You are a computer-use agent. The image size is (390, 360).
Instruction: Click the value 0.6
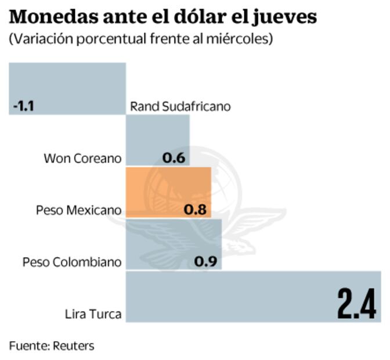coord(174,158)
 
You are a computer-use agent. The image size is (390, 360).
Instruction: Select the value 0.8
coord(195,210)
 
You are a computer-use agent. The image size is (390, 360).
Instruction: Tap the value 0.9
coord(205,261)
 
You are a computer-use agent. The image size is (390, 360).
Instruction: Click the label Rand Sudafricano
coord(180,107)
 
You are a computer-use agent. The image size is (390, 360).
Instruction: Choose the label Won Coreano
coord(83,159)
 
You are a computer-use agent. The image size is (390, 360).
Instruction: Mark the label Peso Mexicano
coord(79,210)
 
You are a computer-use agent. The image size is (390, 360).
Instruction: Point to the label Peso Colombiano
coord(72,262)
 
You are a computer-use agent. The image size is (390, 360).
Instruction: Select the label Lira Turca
coord(93,315)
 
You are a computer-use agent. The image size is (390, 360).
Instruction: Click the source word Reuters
coord(73,346)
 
